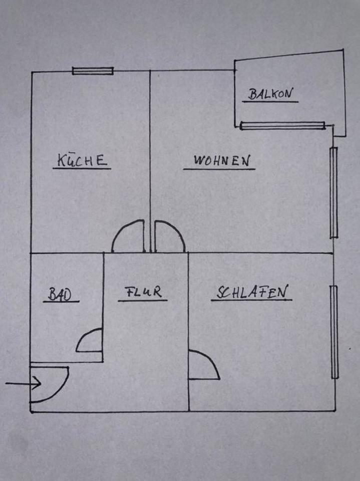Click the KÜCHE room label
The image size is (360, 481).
coord(82,160)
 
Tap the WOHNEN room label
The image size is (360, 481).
coord(221,161)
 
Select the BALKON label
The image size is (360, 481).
coord(270,94)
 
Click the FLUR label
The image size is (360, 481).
coord(143,293)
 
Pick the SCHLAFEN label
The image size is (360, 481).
coord(252,292)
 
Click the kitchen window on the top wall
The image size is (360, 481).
coord(93,71)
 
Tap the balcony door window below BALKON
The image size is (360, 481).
coord(282,125)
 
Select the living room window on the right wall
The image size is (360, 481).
coord(334,192)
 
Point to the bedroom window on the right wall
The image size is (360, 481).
coord(334,331)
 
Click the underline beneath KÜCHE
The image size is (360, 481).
coord(82,168)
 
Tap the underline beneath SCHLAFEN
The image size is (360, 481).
coord(251,301)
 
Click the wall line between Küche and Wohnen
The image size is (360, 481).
coord(150,150)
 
